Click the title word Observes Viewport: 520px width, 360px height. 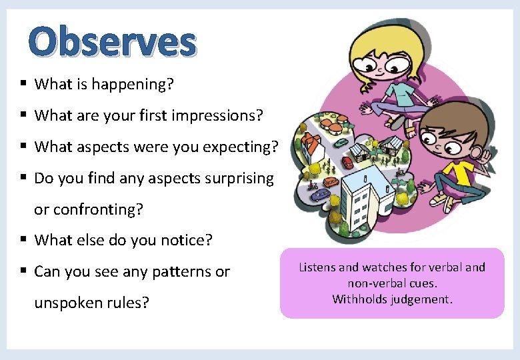pyautogui.click(x=113, y=41)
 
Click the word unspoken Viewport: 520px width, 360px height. pyautogui.click(x=69, y=303)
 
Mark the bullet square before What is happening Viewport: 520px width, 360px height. pyautogui.click(x=23, y=83)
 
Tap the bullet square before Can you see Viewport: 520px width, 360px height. pyautogui.click(x=23, y=271)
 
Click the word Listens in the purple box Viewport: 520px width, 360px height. pyautogui.click(x=317, y=267)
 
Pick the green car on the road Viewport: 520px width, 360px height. pyautogui.click(x=341, y=142)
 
